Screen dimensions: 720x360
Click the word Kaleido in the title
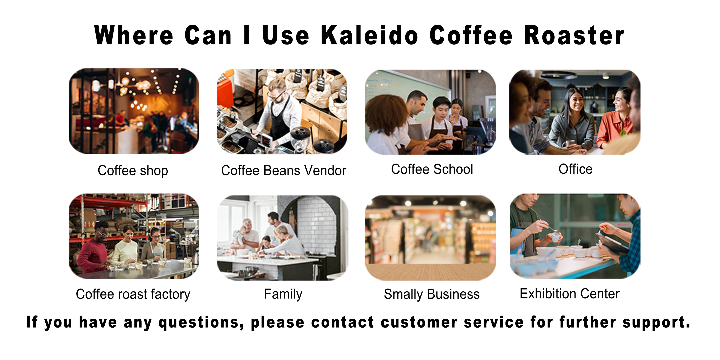click(370, 35)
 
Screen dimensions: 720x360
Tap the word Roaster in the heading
click(574, 35)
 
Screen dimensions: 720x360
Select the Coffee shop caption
click(133, 170)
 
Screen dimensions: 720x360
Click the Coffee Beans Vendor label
click(283, 170)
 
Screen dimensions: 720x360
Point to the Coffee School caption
click(432, 169)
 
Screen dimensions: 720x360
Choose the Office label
click(575, 169)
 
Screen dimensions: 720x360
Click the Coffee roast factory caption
click(133, 294)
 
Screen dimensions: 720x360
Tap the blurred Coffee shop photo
click(134, 111)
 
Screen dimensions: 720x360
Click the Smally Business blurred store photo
click(430, 238)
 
